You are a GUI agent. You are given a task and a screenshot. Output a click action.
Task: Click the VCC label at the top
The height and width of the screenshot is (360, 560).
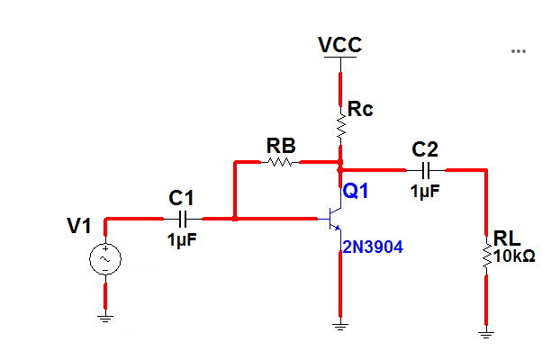pos(341,44)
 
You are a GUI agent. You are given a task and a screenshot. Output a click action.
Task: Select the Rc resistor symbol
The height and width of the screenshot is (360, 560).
pos(341,128)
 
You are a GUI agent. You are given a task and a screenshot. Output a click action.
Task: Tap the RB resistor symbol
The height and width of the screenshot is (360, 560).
pos(280,163)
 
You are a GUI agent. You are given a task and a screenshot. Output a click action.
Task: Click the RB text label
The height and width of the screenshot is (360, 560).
pos(281,145)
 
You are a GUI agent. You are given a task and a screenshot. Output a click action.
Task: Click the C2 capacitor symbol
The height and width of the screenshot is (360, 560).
pos(427,169)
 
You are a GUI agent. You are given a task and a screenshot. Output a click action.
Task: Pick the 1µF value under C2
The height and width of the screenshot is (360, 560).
pos(426,191)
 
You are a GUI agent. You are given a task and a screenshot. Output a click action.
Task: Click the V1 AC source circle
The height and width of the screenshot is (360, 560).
pos(104,259)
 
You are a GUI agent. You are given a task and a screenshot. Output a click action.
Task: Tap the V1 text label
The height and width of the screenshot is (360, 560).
pos(80,226)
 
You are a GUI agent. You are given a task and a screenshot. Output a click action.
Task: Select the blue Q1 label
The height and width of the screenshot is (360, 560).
pos(355,191)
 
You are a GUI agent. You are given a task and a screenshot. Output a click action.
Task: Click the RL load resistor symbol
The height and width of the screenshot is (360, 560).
pos(486,256)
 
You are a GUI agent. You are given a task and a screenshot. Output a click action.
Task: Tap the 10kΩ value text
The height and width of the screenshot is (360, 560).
pos(514,256)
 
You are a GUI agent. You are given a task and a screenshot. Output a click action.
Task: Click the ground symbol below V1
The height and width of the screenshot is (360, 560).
pos(104,315)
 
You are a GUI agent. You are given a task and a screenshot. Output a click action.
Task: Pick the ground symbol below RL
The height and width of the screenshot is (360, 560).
pos(486,333)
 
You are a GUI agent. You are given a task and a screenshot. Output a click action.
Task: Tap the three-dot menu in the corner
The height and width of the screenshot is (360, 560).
pos(518,51)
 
